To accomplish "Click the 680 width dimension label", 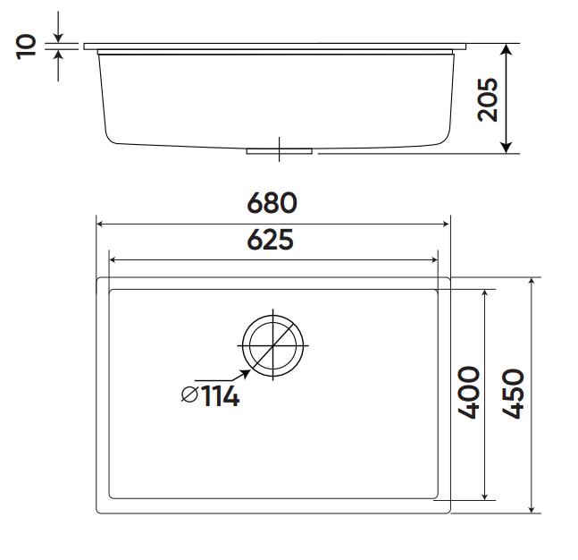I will [272, 204].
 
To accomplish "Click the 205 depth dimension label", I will [487, 98].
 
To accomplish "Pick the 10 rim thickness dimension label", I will [27, 45].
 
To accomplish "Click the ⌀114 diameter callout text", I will [210, 396].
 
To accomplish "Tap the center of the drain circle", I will [272, 345].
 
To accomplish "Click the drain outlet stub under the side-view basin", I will [279, 150].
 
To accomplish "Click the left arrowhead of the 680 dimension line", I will [101, 225].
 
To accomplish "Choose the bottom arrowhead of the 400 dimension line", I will [485, 495].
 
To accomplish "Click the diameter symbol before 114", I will [188, 396].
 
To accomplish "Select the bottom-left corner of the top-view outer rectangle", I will [97, 513].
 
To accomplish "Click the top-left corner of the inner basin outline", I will [110, 290].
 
